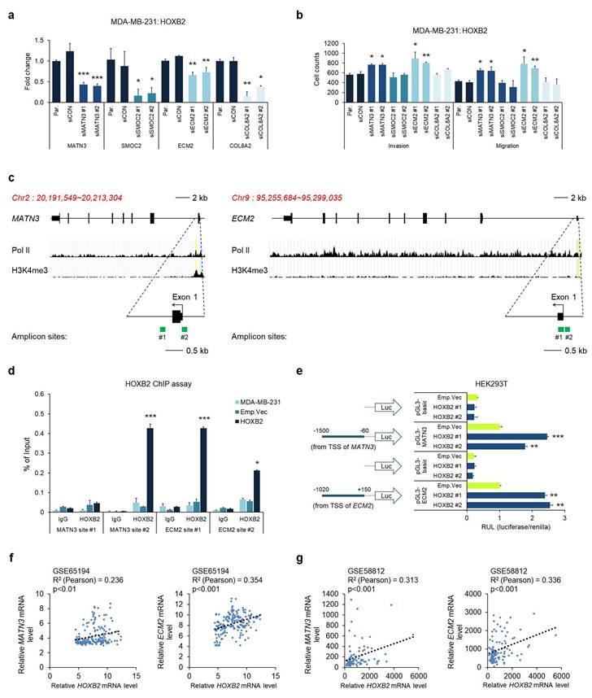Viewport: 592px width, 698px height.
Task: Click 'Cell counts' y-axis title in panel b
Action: click(307, 71)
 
